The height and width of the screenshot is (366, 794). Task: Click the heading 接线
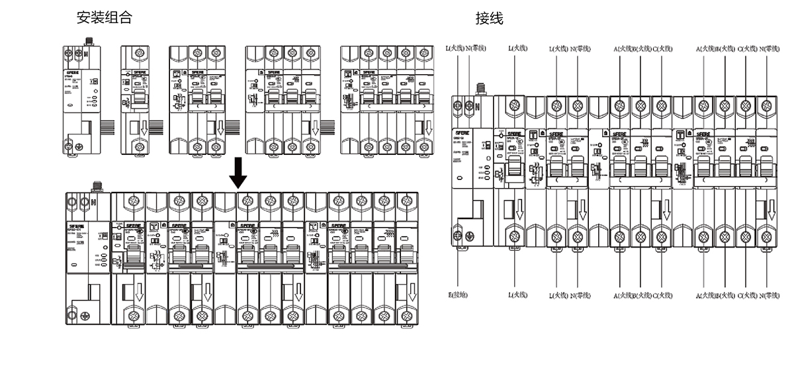[x=489, y=19]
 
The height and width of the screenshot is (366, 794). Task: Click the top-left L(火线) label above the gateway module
[x=456, y=48]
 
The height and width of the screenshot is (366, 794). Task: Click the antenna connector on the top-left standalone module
[x=86, y=42]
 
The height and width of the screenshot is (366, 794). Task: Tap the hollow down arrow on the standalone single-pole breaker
[x=139, y=127]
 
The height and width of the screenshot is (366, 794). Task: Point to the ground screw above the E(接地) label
[x=457, y=234]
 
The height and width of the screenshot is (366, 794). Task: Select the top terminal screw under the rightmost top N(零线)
[x=766, y=105]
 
